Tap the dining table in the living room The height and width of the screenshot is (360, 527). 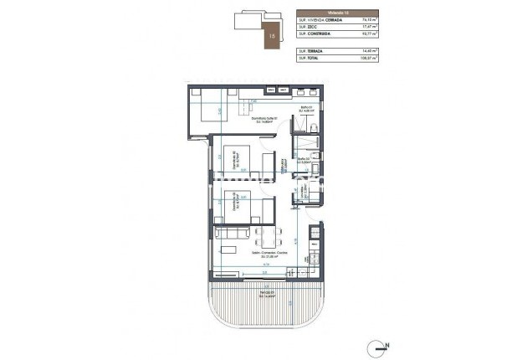click(263, 239)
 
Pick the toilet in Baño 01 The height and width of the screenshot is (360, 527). click(311, 126)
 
